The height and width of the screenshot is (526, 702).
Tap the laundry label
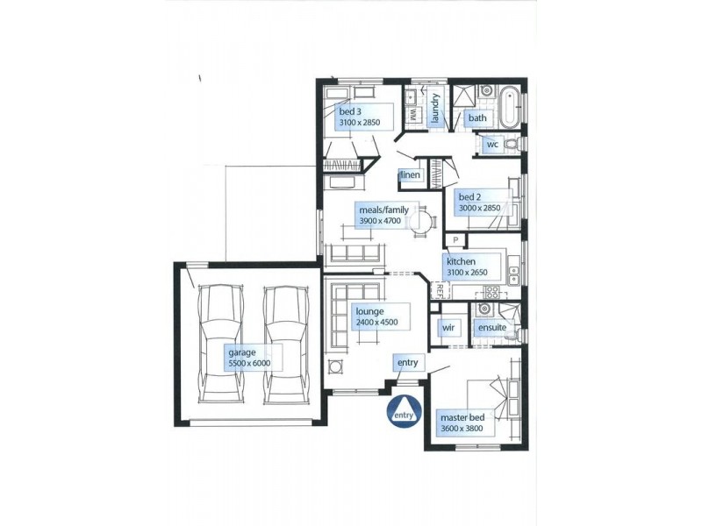coord(434,110)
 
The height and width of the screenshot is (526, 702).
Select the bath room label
coord(477,117)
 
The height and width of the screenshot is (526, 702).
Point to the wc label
coord(491,145)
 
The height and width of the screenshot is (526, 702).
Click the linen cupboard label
coord(411,176)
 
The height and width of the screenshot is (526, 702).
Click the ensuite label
coord(491,328)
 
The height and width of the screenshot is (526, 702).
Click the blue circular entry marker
coord(403,411)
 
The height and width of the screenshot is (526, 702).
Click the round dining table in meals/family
coord(422,220)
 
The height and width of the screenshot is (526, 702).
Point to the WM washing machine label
coord(412,115)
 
